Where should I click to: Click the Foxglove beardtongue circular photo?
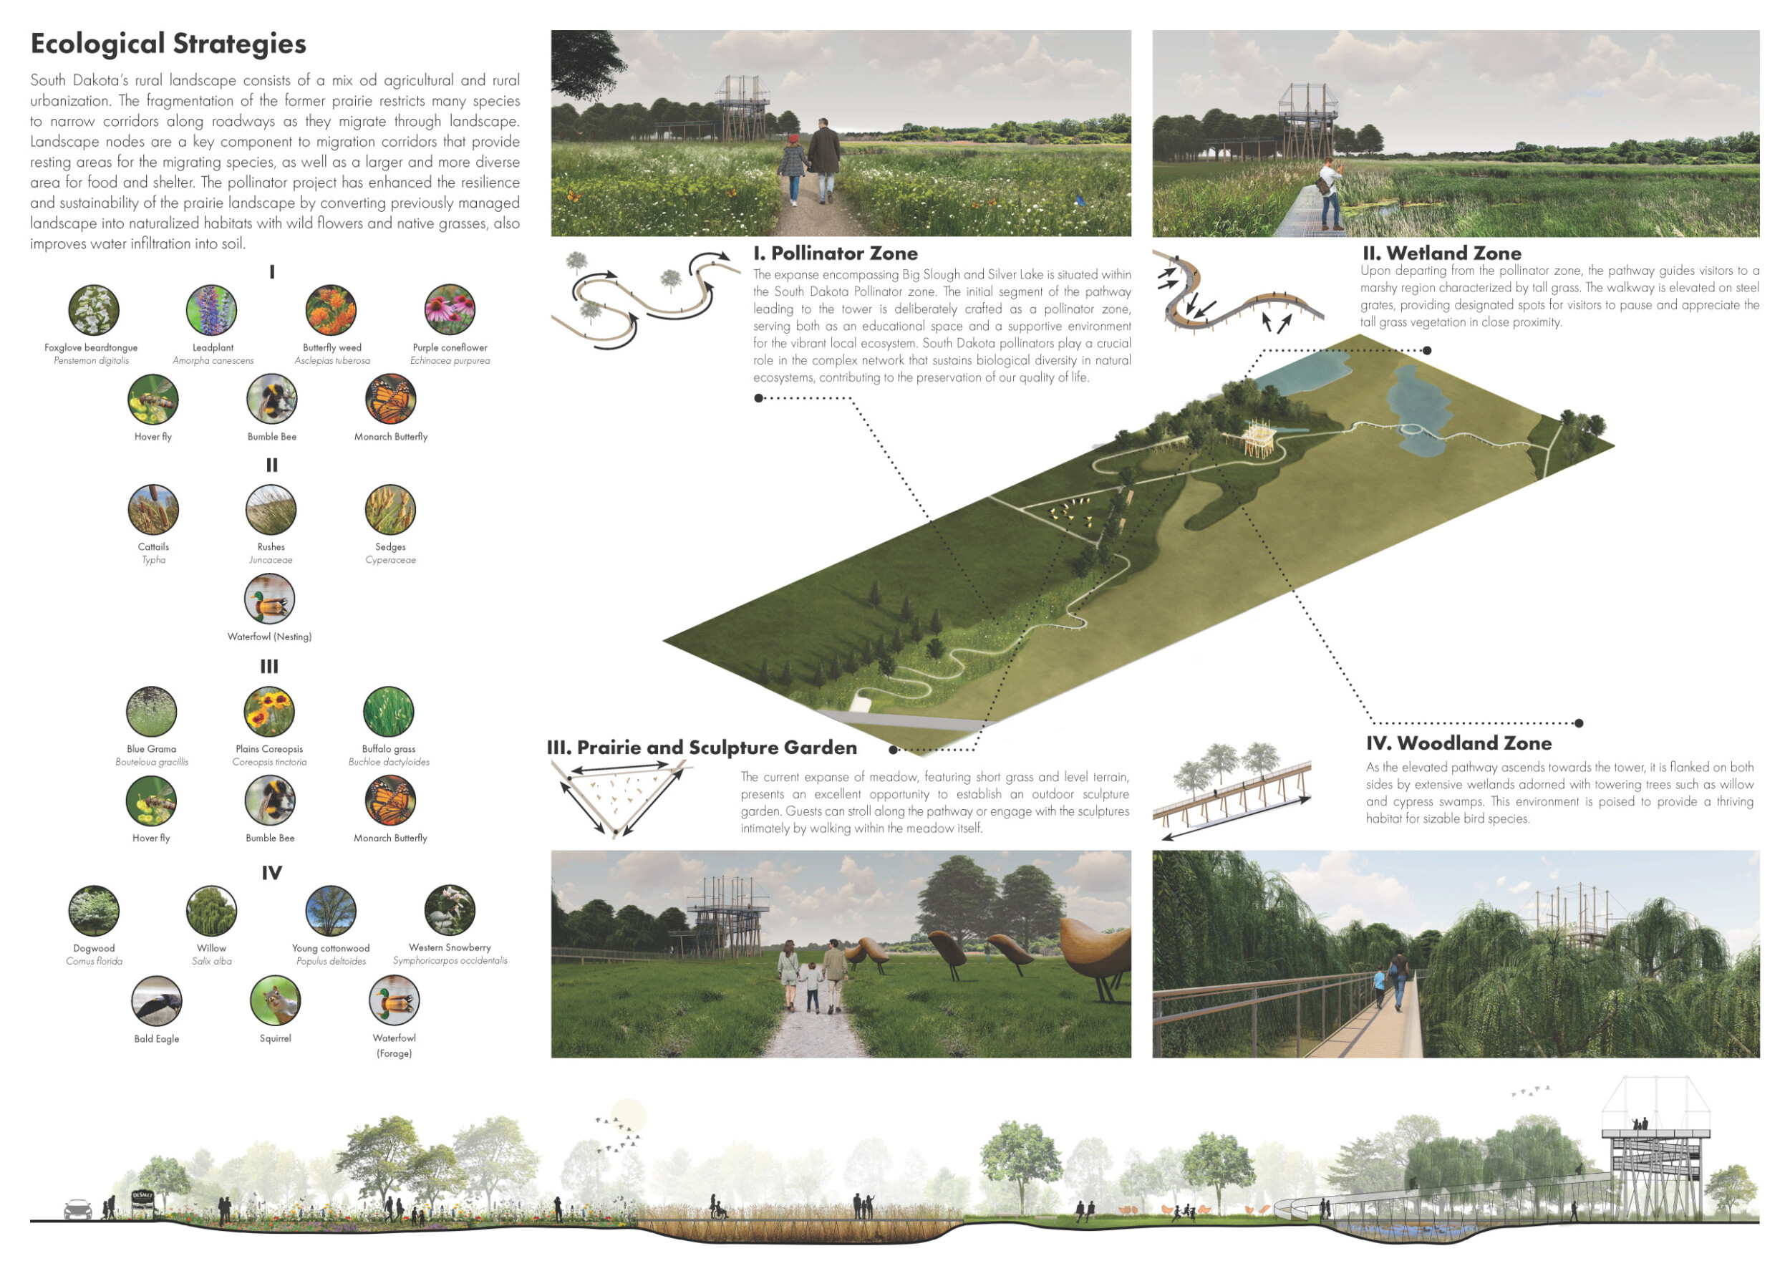[94, 310]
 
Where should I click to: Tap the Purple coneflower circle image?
[450, 310]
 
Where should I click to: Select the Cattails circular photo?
[154, 510]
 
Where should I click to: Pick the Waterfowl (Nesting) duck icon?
[270, 599]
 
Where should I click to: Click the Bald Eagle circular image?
[157, 1001]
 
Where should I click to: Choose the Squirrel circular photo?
[275, 1001]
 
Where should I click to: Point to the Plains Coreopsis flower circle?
[269, 712]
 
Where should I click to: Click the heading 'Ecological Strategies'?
[168, 44]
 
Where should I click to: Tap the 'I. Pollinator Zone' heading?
[835, 253]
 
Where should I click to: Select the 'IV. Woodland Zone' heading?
[1458, 743]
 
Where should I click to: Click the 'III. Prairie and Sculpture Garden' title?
[702, 748]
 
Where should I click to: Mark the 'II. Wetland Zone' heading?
[1441, 253]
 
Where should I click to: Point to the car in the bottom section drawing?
[78, 1209]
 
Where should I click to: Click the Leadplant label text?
[213, 348]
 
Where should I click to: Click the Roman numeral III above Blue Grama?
[269, 667]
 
